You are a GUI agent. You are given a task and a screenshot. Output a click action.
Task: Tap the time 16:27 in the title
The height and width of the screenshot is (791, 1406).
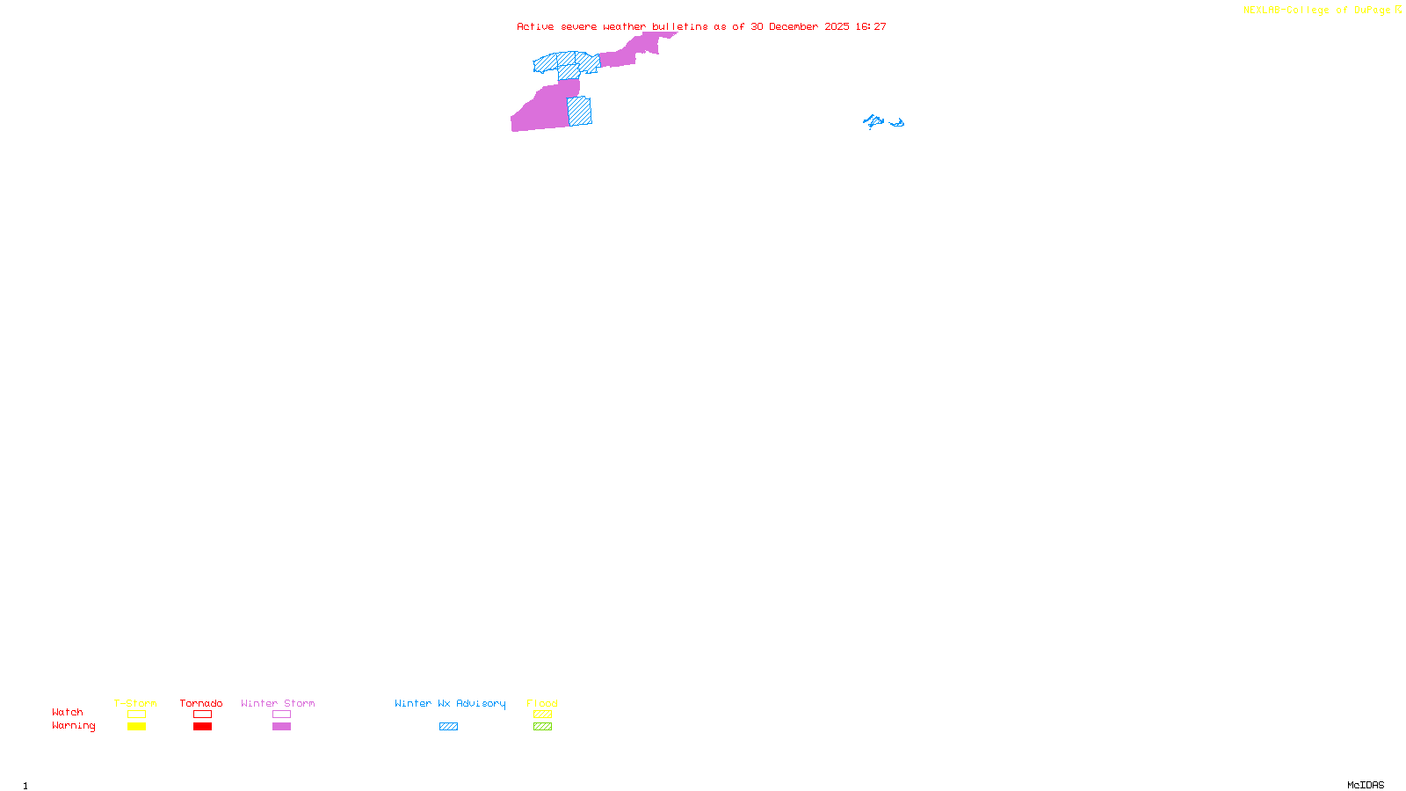pos(871,26)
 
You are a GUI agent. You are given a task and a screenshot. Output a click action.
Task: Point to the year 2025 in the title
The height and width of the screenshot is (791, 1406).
pos(837,26)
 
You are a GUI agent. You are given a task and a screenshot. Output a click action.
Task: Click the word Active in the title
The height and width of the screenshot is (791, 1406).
pos(535,26)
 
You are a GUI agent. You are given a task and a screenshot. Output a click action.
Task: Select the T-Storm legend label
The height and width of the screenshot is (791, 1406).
pos(135,703)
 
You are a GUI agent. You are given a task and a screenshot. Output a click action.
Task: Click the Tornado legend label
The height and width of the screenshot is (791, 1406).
pos(201,703)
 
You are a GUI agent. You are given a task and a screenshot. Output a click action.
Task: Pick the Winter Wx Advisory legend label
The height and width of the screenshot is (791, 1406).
pos(450,703)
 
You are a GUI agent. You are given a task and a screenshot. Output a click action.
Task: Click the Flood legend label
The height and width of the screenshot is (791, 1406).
pos(542,703)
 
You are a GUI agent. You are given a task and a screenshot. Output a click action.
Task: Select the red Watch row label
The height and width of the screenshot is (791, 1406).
pos(68,712)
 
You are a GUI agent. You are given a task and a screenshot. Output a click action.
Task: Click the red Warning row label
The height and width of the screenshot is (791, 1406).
pos(74,726)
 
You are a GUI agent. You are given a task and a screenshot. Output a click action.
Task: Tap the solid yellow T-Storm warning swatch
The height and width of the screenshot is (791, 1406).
pos(136,727)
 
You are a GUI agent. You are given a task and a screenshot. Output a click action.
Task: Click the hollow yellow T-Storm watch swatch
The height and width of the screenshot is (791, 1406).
pos(136,715)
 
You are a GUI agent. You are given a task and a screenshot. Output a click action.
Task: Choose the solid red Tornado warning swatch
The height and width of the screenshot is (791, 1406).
pos(202,727)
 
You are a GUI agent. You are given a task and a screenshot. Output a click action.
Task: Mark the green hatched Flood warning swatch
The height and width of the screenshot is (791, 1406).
pos(542,727)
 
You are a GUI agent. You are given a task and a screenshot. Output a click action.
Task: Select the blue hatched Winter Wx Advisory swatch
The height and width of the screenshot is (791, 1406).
pos(448,727)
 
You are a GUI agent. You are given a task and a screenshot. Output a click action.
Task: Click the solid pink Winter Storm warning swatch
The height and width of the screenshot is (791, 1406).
pos(281,727)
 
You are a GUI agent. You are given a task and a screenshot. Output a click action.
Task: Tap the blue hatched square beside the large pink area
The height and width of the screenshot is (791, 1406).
pos(579,112)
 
